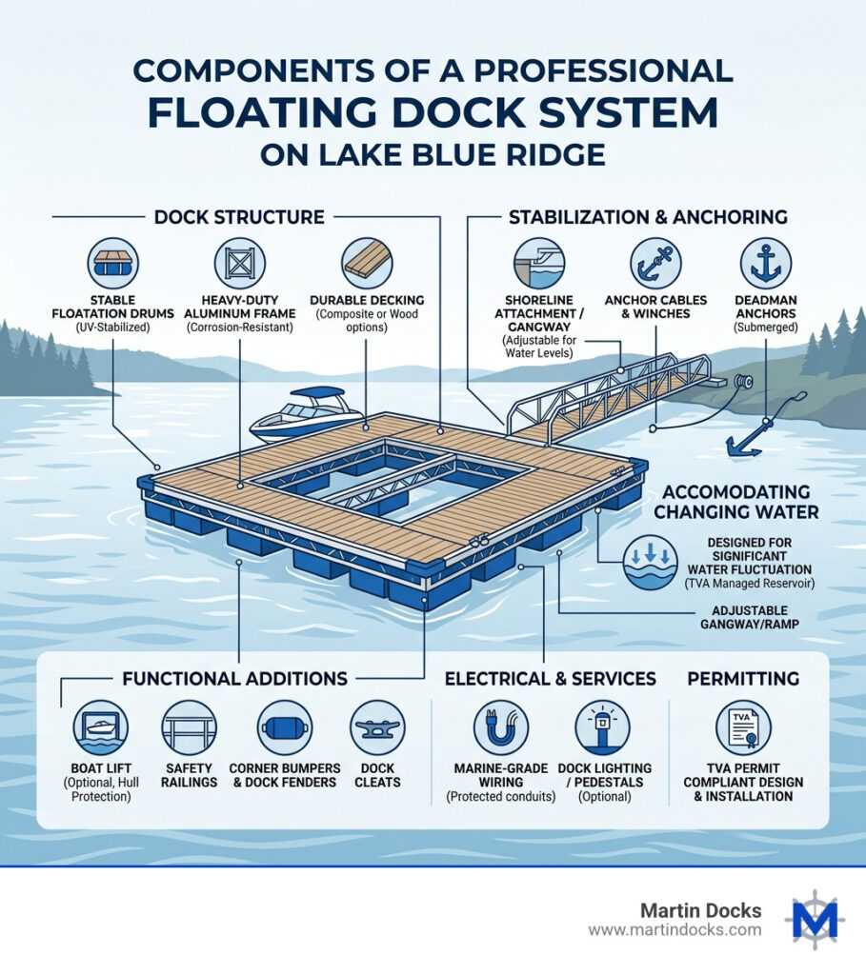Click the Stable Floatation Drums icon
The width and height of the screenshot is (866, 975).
click(x=113, y=263)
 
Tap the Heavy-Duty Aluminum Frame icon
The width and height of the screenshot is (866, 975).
click(x=240, y=263)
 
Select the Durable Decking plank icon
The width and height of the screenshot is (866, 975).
click(x=367, y=263)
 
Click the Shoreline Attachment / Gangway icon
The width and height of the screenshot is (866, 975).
click(x=539, y=263)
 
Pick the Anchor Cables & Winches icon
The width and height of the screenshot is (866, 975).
click(x=655, y=263)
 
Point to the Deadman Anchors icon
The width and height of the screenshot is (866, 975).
click(x=767, y=263)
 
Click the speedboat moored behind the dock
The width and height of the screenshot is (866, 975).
click(x=307, y=412)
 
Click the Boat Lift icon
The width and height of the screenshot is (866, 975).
click(x=100, y=727)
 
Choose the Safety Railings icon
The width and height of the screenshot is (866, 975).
click(x=190, y=727)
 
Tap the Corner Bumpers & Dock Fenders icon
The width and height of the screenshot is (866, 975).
click(x=284, y=727)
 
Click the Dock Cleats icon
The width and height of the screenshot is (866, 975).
click(x=377, y=727)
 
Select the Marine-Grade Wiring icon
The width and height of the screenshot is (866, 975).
click(x=501, y=727)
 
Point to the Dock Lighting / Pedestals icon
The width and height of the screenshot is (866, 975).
click(x=603, y=727)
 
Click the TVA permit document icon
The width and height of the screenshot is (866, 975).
click(x=743, y=727)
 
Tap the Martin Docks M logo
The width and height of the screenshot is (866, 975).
click(x=815, y=920)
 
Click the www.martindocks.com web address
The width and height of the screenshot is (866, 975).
click(x=675, y=930)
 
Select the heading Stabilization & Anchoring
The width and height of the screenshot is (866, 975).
click(x=648, y=217)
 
